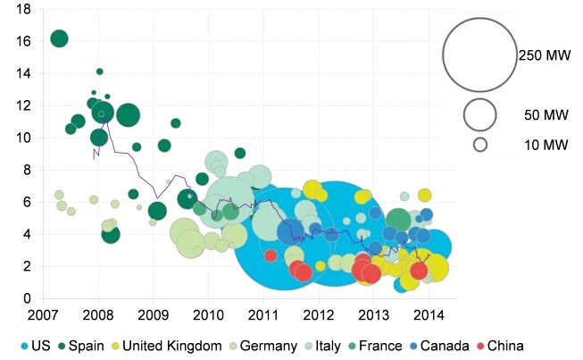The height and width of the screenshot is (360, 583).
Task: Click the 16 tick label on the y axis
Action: pos(25,41)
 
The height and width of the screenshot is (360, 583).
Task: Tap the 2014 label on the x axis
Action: pos(429,315)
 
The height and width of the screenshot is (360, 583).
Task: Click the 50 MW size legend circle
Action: pos(479,114)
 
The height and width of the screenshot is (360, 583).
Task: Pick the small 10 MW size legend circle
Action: pos(479,144)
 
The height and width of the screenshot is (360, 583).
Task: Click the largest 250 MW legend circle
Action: pos(479,54)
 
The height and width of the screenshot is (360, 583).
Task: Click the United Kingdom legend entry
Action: pos(165,346)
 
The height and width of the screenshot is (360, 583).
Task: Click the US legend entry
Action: pos(35,346)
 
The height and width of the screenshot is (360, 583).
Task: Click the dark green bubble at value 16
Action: pos(60,38)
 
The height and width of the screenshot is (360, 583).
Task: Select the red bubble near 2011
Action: pos(271,255)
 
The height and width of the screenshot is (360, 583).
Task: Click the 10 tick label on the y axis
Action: pos(25,138)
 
